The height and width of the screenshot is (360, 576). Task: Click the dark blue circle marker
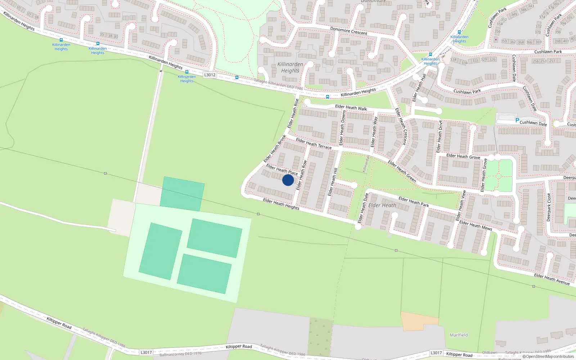288,180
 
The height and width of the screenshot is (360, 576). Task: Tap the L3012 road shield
210,75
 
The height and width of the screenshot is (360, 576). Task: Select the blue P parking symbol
517,121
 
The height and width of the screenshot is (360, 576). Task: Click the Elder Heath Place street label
282,170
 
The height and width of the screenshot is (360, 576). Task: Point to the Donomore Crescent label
348,31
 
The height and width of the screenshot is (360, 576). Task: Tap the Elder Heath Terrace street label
314,143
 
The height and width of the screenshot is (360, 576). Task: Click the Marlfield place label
459,335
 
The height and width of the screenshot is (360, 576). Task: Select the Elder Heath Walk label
351,107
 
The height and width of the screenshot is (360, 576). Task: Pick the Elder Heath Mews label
475,225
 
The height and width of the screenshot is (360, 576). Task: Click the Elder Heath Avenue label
552,279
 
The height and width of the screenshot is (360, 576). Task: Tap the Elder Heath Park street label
413,202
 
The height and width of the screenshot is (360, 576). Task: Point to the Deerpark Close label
549,207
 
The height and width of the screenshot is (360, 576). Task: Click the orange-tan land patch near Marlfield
419,321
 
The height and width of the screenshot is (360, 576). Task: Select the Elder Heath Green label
402,171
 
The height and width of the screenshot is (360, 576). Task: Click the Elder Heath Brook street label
275,148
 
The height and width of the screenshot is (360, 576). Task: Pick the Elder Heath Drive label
439,136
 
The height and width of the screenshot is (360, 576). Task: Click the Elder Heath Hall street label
419,87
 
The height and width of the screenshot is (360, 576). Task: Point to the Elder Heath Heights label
281,204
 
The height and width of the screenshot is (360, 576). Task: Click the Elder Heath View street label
461,206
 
